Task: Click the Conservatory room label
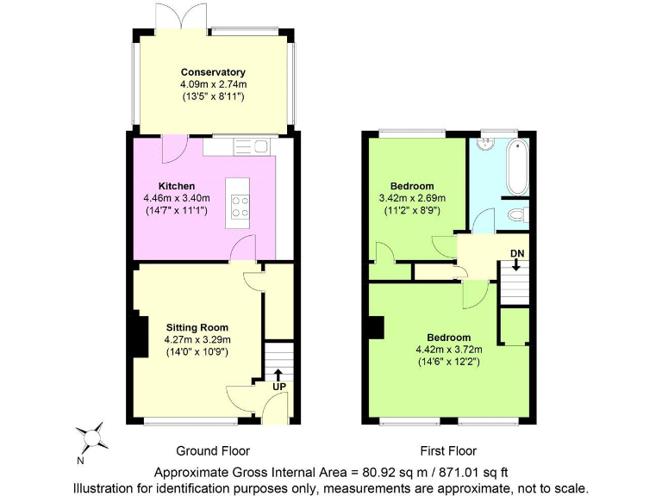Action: pos(213,72)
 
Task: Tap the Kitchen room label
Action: pos(177,186)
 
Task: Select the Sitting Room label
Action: pos(197,327)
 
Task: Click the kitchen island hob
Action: pos(240,206)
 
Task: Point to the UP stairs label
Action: pos(278,387)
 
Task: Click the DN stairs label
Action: pos(516,252)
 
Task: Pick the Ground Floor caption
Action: pos(213,450)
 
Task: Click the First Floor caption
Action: pos(447,450)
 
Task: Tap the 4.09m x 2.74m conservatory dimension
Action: pos(213,84)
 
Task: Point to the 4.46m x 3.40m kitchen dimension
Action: pos(177,198)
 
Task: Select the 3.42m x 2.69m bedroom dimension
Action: pos(412,198)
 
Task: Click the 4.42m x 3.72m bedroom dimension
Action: pos(448,350)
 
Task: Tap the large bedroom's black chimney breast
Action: pos(375,328)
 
